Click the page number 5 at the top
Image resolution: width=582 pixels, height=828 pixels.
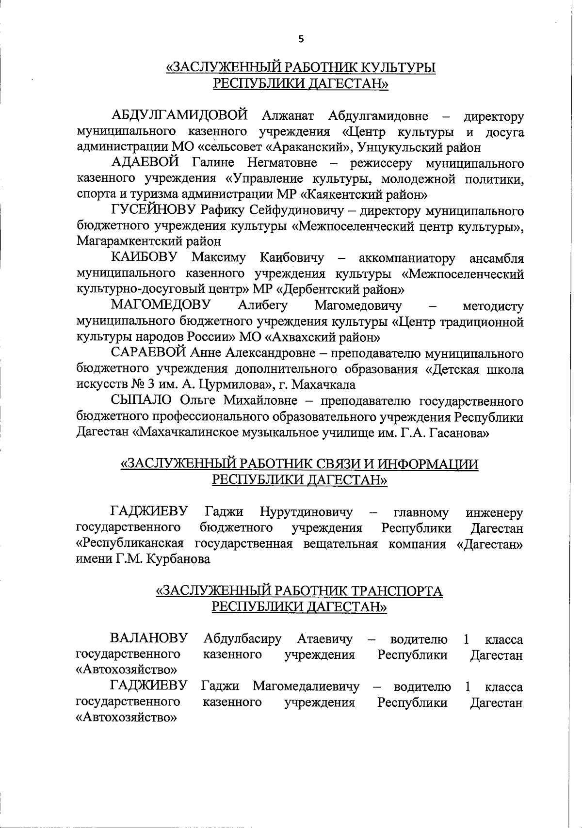[x=301, y=40]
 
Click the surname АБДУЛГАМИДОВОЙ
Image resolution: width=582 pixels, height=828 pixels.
[x=179, y=116]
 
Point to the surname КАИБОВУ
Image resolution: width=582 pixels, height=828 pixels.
[x=144, y=257]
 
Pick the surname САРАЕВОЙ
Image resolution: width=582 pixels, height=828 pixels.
[x=148, y=352]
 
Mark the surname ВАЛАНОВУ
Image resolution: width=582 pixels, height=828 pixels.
[x=149, y=638]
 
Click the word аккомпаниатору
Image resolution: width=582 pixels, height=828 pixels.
[x=407, y=258]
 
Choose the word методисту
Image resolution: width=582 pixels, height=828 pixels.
[x=493, y=306]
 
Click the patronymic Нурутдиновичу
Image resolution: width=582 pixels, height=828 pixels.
[x=306, y=512]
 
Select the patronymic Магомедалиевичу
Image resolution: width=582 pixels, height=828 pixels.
[x=306, y=686]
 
